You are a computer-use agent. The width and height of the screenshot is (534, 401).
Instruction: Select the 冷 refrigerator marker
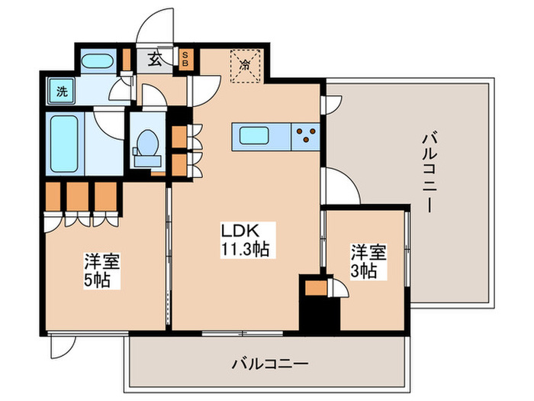[x=246, y=65]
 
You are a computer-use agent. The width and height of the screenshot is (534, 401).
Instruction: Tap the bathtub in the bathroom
[x=64, y=144]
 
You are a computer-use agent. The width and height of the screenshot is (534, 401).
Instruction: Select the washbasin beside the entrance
[x=98, y=62]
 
